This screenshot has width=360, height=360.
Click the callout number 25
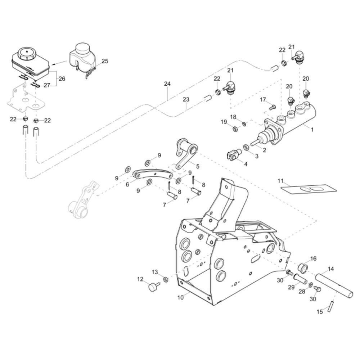pos(105,61)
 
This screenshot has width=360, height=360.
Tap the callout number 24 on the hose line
pos(167,84)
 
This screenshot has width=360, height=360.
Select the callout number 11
pos(280,181)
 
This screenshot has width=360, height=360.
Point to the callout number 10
pos(180,298)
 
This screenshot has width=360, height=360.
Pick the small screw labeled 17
pos(273,107)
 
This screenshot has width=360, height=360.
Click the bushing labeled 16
pos(303,268)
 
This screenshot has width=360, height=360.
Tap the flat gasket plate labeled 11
pos(309,189)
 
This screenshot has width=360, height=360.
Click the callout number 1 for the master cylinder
pos(312,130)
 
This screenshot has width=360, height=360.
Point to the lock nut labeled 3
pos(246,147)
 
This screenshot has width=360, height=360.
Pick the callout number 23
pos(186,99)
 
